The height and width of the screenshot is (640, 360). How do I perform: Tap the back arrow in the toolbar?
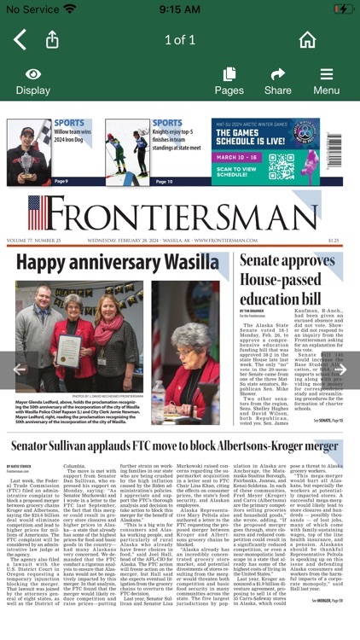click(20, 39)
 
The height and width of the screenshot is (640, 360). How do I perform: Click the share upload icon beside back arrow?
click(52, 39)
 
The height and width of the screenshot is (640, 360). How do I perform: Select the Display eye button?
click(32, 81)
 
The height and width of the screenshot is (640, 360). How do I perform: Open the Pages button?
click(229, 81)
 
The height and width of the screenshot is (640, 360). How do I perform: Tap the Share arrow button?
click(277, 81)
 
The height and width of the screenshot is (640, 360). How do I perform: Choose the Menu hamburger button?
click(326, 81)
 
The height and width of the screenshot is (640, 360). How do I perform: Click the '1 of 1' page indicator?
click(180, 39)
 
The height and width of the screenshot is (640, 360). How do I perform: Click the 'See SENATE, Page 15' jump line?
click(327, 421)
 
